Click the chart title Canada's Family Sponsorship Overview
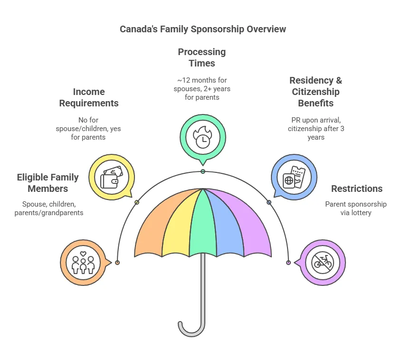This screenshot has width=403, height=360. pos(202,29)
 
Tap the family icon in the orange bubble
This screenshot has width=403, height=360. pos(83,263)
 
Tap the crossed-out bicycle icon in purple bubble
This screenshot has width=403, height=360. pos(322,263)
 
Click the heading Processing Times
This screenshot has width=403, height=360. pos(202,57)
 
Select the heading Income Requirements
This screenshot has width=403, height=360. pos(89,97)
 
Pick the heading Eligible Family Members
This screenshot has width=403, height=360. pos(48,183)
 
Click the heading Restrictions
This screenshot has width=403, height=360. pos(356,189)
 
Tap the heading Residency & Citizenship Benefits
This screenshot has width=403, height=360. pos(316,92)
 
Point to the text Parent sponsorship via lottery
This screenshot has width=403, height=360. pos(356,208)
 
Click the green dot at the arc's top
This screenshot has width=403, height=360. pos(203,171)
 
